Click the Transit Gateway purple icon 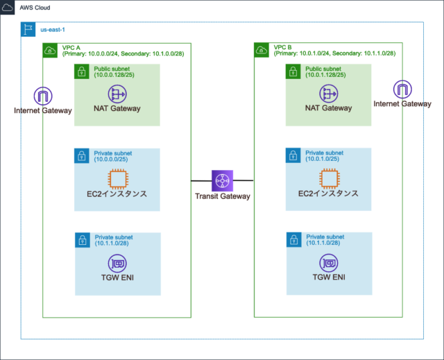click(x=223, y=180)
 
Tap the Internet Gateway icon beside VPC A click(x=44, y=96)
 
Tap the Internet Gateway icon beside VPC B click(x=402, y=89)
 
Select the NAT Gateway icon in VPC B click(x=328, y=94)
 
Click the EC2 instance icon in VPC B click(x=328, y=178)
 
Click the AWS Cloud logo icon click(x=9, y=8)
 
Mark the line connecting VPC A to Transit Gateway click(x=201, y=180)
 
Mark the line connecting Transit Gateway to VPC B click(x=244, y=180)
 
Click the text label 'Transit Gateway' click(x=223, y=196)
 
